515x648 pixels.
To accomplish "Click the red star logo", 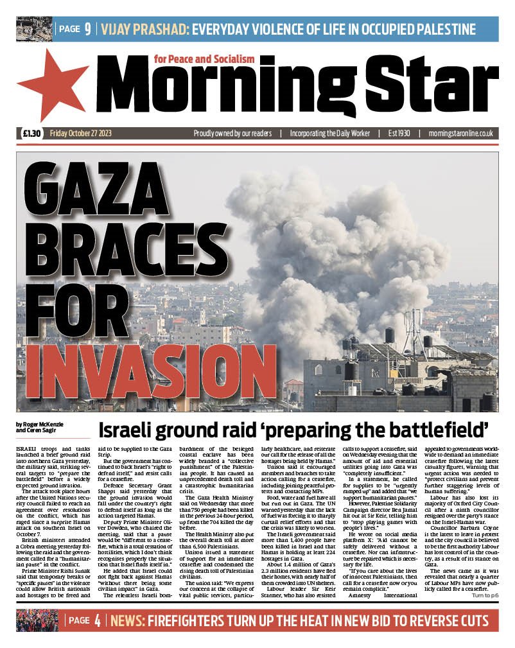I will click(x=51, y=85).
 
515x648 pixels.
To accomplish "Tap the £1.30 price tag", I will click(x=31, y=134).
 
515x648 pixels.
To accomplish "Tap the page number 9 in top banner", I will click(x=87, y=29).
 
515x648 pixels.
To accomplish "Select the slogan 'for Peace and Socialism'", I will click(x=205, y=59).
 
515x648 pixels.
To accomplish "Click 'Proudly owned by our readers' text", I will click(x=233, y=134).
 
